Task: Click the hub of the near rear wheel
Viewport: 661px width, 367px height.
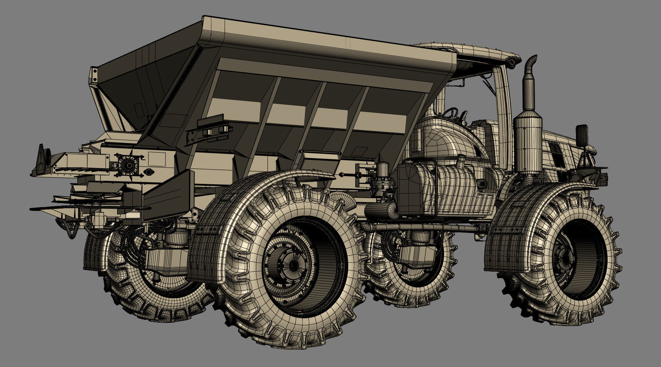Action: click(293, 265)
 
